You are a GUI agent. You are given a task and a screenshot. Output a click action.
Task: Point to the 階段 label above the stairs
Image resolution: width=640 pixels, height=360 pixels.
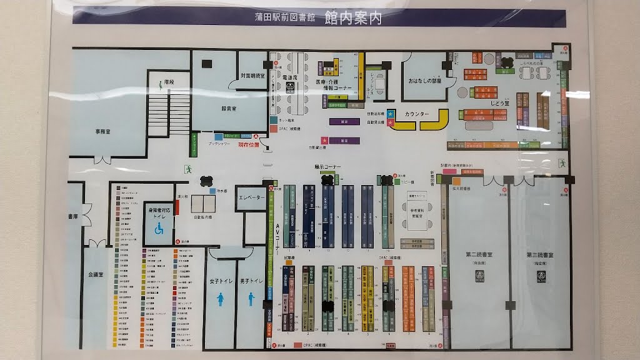[166, 82]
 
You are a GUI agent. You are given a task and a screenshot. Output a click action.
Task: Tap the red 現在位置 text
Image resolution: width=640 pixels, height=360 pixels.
[248, 144]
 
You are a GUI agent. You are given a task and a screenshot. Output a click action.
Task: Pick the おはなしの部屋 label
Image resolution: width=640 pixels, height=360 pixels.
[425, 81]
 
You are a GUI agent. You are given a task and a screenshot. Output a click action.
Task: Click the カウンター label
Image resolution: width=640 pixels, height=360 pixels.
[417, 114]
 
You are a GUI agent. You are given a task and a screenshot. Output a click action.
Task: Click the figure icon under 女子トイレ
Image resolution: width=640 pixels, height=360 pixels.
[221, 301]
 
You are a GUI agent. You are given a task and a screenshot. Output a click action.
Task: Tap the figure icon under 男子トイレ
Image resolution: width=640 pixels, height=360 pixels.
[251, 299]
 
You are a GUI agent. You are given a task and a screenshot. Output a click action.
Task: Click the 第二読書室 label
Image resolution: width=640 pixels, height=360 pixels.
[479, 255]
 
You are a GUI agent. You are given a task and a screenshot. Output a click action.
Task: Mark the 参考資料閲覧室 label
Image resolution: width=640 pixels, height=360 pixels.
[416, 212]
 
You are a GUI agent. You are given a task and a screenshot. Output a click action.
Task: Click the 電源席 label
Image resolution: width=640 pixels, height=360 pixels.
[289, 77]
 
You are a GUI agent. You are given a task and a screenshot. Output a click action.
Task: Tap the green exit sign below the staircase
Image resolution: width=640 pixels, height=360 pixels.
[186, 169]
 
